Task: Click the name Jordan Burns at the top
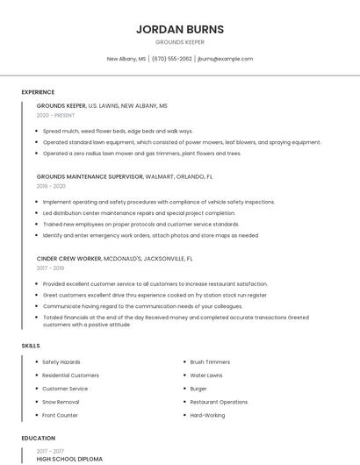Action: coord(180,29)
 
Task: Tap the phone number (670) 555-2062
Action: coord(172,59)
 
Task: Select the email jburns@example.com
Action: coord(226,59)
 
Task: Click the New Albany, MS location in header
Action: coord(126,59)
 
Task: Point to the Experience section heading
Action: coord(38,92)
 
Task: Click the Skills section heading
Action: coord(31,346)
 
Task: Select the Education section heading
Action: coord(38,438)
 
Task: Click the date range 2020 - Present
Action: coord(55,115)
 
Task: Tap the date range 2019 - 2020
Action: coord(51,186)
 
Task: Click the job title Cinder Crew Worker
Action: coord(69,259)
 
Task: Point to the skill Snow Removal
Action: coord(61,402)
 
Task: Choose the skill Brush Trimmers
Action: coord(210,362)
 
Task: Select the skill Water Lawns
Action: coord(206,376)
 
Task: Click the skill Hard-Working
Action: coord(207,415)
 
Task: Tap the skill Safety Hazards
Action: coord(61,362)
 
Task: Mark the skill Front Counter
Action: coord(60,415)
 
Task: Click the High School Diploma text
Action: coord(69,459)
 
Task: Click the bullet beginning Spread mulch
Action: coord(118,131)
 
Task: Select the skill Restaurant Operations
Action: coord(219,402)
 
